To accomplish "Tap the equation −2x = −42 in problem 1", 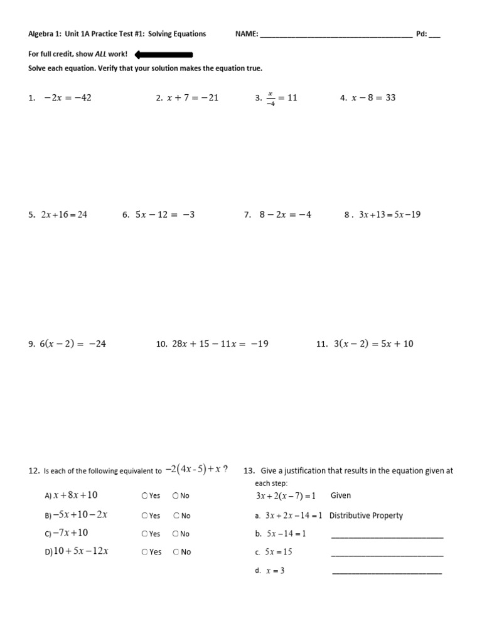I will click(x=68, y=98).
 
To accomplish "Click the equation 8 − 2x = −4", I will click(x=286, y=215).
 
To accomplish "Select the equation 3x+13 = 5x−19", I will click(x=390, y=215).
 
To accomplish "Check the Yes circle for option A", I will click(x=145, y=496).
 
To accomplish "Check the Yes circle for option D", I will click(x=145, y=552).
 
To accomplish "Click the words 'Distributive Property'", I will click(x=366, y=516).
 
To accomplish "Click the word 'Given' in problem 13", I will click(x=341, y=495).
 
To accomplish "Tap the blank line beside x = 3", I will click(x=386, y=572).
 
